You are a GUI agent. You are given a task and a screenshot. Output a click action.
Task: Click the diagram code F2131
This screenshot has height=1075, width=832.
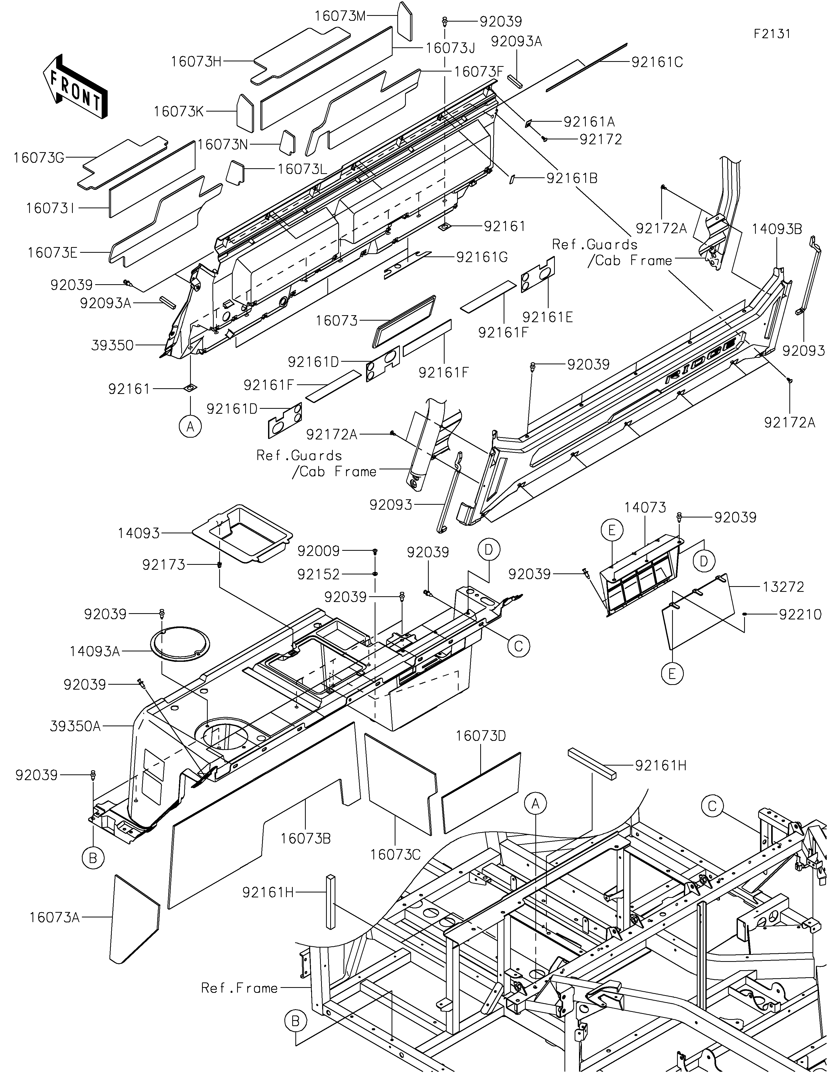(772, 34)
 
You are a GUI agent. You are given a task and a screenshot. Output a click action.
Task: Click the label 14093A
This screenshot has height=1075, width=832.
(94, 652)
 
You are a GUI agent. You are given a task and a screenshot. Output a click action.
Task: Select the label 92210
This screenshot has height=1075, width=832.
(800, 615)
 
